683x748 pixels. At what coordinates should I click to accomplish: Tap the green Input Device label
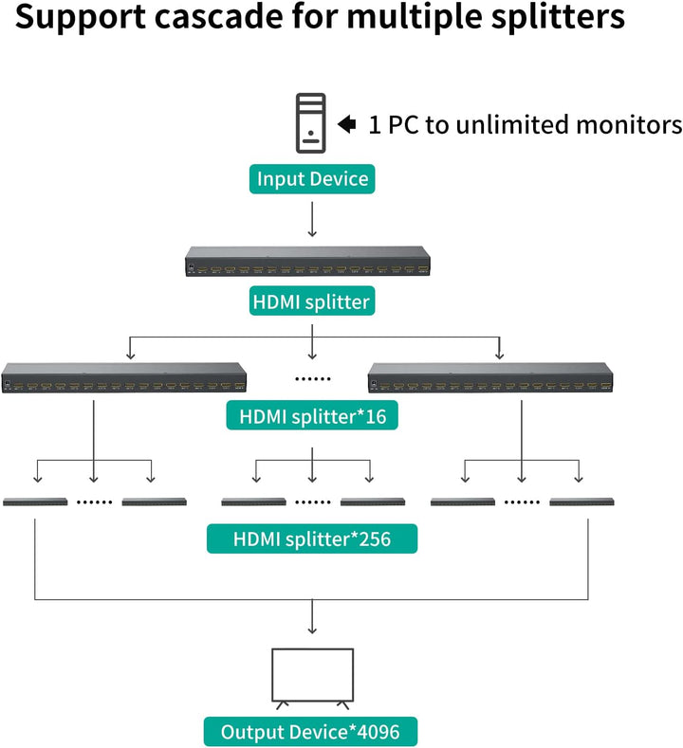click(x=312, y=178)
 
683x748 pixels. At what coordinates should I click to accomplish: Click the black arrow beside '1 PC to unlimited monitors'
click(x=347, y=123)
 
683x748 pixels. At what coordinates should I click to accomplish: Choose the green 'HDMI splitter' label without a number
click(x=312, y=303)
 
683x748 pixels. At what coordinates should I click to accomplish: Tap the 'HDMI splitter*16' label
click(x=312, y=415)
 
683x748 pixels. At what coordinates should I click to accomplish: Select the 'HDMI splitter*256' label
click(x=312, y=539)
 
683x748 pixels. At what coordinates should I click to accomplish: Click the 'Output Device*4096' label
click(x=312, y=731)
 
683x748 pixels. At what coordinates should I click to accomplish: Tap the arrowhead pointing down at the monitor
click(x=312, y=629)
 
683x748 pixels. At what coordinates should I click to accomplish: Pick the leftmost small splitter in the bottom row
click(x=35, y=501)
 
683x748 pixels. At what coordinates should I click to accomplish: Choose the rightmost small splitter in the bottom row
click(x=581, y=501)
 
